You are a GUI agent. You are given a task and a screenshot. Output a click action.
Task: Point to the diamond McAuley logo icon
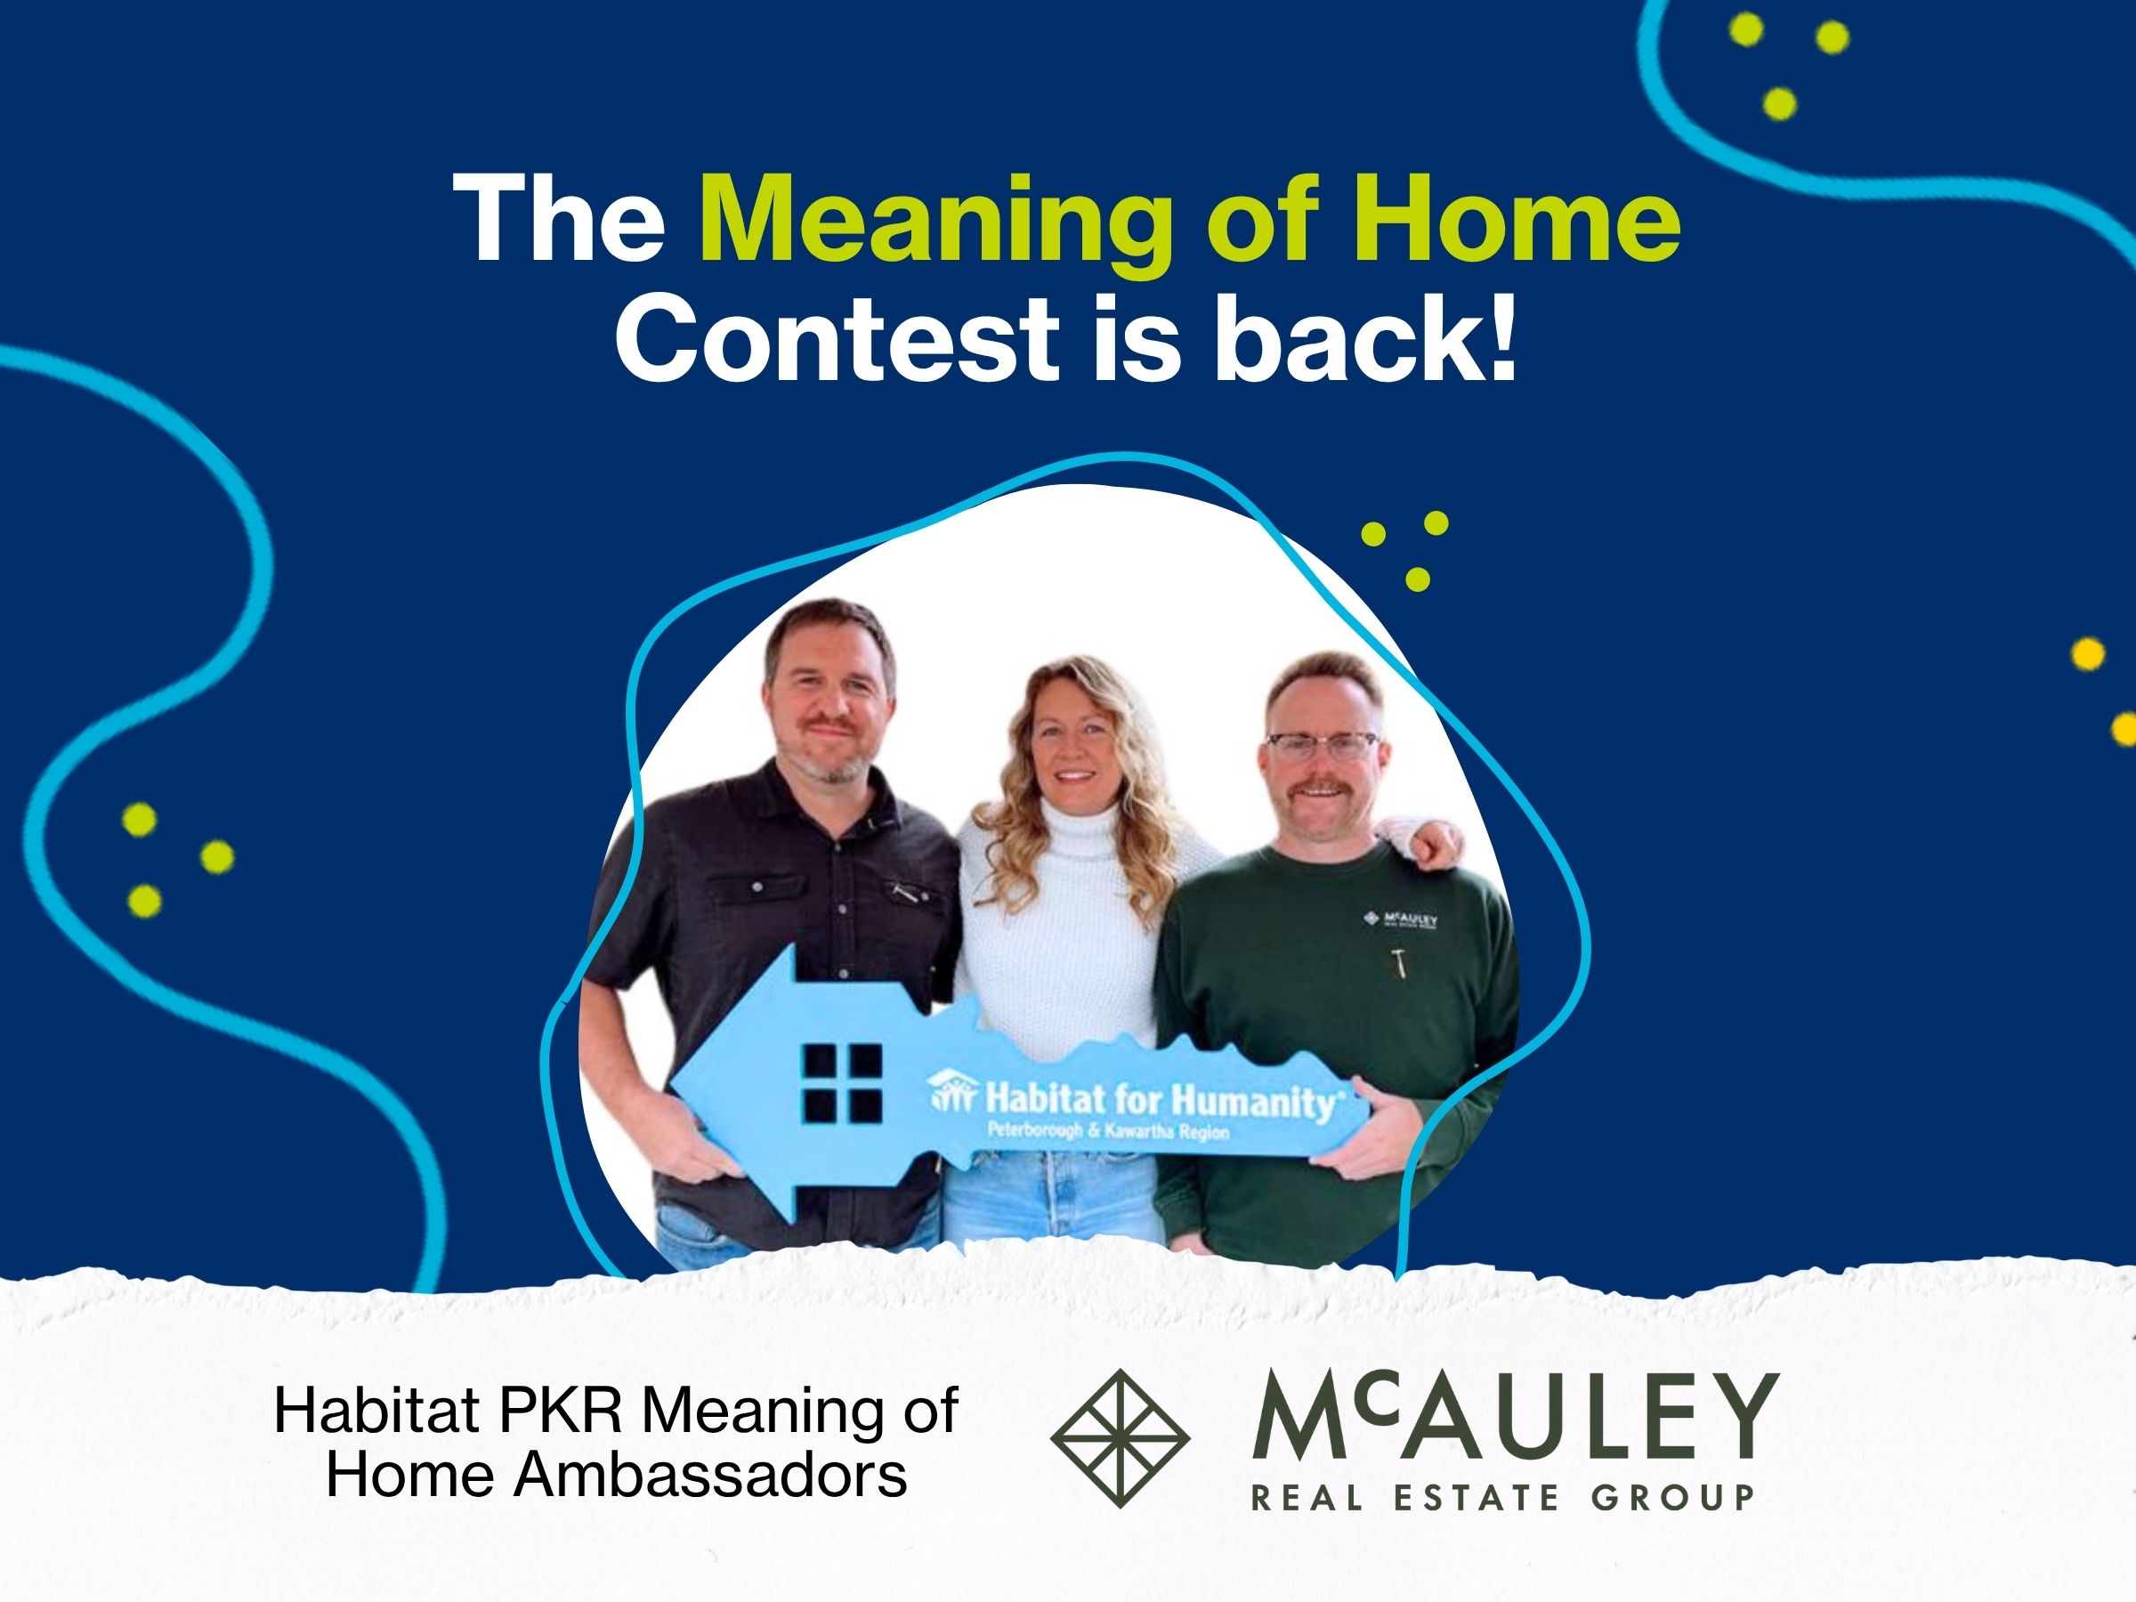click(1121, 1438)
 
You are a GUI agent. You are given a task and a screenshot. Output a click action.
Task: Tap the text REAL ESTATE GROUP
click(1502, 1498)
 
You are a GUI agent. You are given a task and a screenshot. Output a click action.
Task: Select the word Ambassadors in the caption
click(712, 1475)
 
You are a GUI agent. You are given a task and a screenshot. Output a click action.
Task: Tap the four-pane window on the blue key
click(841, 1083)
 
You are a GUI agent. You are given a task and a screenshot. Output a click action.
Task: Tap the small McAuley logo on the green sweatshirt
click(1401, 918)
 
